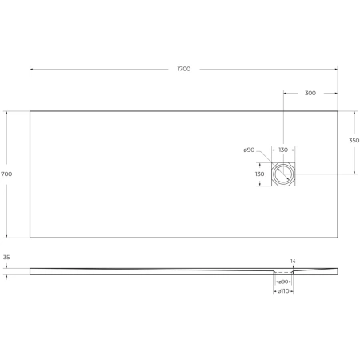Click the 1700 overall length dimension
point(183,69)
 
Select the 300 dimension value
point(310,93)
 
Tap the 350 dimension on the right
point(354,141)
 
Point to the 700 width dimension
point(6,174)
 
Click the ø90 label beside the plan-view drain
point(249,150)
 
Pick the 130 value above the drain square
point(284,150)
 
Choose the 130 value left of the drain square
point(260,174)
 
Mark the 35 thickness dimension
point(6,258)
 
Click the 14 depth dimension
point(293,261)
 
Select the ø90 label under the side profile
point(284,282)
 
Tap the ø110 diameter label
point(284,291)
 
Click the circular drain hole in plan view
point(284,174)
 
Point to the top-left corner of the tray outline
point(30,110)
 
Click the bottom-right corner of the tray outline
point(338,238)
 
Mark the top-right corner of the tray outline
point(338,110)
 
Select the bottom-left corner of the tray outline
point(30,238)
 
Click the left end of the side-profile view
point(31,271)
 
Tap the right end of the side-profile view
point(337,270)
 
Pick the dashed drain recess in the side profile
point(283,274)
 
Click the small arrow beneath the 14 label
point(293,269)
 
